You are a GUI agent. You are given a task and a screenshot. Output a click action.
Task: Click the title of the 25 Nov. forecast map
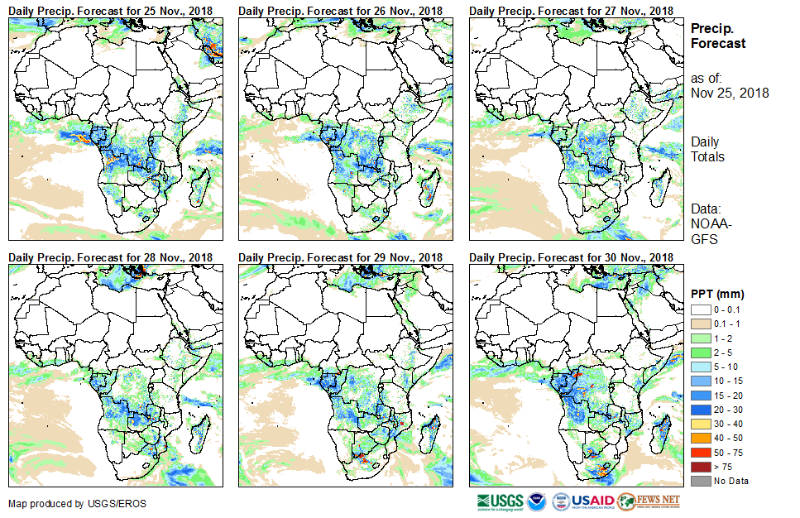(x=110, y=10)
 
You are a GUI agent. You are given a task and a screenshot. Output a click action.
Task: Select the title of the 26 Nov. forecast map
(x=340, y=10)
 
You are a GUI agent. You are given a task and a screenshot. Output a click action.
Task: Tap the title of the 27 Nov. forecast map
(x=571, y=10)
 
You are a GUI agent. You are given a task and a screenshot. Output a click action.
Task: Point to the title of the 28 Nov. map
(x=110, y=257)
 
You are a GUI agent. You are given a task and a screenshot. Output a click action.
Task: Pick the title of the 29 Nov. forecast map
(x=340, y=257)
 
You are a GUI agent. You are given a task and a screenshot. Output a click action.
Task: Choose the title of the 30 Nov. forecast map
(x=571, y=257)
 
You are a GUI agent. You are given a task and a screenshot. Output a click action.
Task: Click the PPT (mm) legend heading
(x=717, y=294)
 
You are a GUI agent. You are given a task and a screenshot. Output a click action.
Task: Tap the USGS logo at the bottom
(x=499, y=501)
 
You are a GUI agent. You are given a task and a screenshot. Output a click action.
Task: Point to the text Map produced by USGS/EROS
(x=66, y=504)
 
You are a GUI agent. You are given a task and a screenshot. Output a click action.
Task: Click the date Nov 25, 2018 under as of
(x=730, y=93)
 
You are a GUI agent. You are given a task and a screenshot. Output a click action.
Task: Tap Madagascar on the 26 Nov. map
(x=429, y=188)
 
